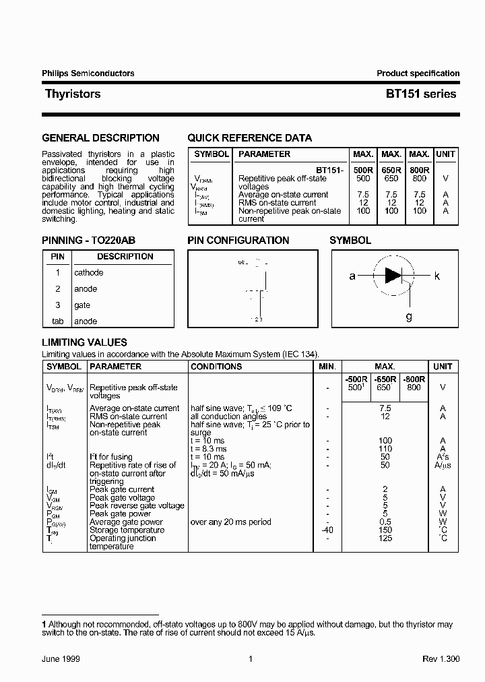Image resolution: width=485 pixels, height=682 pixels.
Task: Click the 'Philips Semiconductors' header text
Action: point(88,73)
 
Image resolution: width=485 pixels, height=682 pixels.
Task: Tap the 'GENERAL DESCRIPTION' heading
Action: point(100,138)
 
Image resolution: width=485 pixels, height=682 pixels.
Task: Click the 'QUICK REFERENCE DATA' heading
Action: point(249,138)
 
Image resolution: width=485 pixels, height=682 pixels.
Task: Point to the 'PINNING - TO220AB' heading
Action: point(93,241)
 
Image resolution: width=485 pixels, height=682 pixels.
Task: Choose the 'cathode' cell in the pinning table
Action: point(89,273)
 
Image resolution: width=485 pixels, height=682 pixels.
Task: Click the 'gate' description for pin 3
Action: point(82,305)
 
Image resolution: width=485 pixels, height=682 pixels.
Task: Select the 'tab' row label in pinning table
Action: point(58,321)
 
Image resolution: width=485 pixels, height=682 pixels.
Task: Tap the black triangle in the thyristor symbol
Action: point(393,275)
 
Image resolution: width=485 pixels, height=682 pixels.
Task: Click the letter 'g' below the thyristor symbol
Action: point(409,316)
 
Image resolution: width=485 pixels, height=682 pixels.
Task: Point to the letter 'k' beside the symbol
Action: point(437,276)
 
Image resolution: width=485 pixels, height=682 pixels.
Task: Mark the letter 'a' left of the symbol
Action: point(352,276)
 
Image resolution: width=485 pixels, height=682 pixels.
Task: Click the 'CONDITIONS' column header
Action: point(216,367)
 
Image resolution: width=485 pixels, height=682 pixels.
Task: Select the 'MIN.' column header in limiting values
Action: point(327,367)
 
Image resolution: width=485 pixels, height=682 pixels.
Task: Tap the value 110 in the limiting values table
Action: point(385,449)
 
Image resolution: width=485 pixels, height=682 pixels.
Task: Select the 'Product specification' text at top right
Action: point(418,73)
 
